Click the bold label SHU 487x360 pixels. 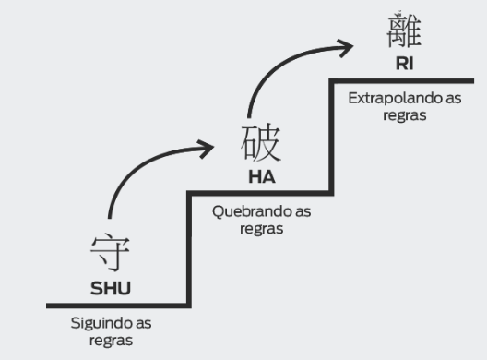(111, 287)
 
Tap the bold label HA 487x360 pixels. (262, 176)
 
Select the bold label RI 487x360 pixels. (403, 64)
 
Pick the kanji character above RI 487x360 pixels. (404, 30)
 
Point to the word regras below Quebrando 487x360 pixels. (261, 228)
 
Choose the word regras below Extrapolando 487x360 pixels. (405, 114)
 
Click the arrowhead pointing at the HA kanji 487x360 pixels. (209, 145)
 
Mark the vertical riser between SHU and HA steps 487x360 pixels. (189, 249)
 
